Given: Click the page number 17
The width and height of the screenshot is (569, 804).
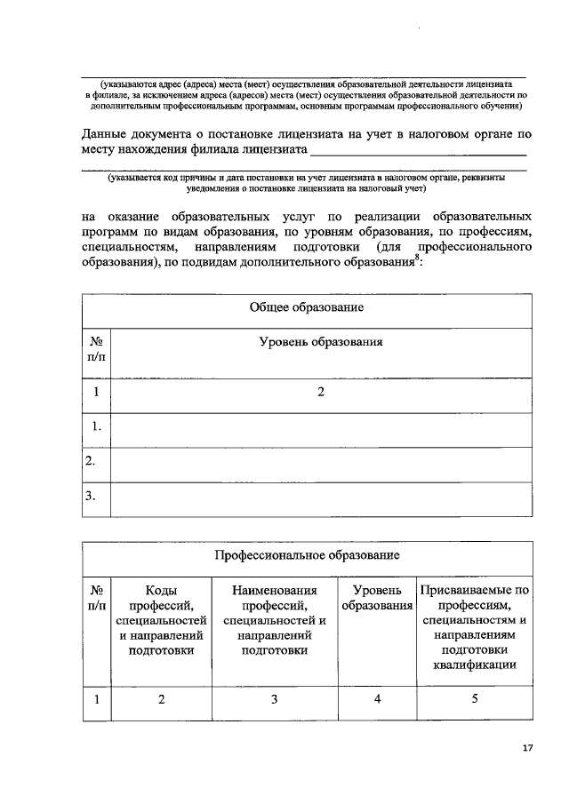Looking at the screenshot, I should click(x=527, y=749).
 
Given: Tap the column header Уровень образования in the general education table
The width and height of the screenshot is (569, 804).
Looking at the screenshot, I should click(x=321, y=341).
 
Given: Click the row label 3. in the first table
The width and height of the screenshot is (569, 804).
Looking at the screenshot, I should click(x=91, y=497).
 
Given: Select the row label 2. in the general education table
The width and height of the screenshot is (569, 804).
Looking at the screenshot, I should click(x=91, y=461).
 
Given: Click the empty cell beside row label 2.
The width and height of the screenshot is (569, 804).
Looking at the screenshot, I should click(x=321, y=462).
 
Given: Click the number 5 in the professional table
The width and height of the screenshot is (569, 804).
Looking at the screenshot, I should click(x=475, y=699).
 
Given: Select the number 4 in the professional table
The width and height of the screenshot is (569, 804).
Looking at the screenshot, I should click(x=378, y=699).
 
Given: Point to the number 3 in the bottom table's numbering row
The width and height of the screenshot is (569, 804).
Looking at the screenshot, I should click(x=275, y=699).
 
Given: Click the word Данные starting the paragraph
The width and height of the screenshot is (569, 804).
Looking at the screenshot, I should click(x=103, y=135).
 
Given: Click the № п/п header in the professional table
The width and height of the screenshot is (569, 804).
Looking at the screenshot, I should click(x=96, y=597).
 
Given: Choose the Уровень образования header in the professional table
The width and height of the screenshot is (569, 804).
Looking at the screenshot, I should click(x=378, y=597).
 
